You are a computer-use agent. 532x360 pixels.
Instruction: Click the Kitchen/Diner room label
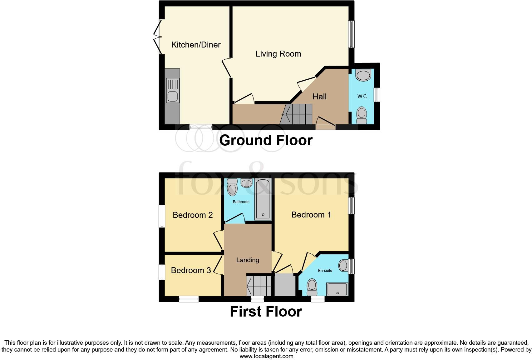point(196,45)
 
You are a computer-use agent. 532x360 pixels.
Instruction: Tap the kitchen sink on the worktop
point(173,90)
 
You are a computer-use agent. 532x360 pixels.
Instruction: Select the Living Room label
point(278,54)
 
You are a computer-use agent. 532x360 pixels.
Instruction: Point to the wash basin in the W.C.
point(363,75)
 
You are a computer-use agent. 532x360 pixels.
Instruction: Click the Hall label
point(319,97)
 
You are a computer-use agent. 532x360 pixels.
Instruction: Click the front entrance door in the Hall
point(325,123)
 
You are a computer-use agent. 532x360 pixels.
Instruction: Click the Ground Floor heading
point(266,140)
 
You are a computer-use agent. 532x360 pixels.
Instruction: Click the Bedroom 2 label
point(193,215)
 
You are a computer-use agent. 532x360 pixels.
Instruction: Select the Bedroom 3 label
point(191,270)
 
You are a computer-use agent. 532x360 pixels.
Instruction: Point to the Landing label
point(248,260)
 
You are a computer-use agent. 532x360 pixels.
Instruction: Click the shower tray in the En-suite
point(337,289)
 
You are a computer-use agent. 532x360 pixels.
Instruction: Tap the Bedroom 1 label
point(311,215)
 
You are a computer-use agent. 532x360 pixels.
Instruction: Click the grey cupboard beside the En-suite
point(285,285)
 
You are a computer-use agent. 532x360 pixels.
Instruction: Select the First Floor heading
point(266,312)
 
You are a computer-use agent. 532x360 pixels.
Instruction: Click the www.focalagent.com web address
point(266,356)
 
